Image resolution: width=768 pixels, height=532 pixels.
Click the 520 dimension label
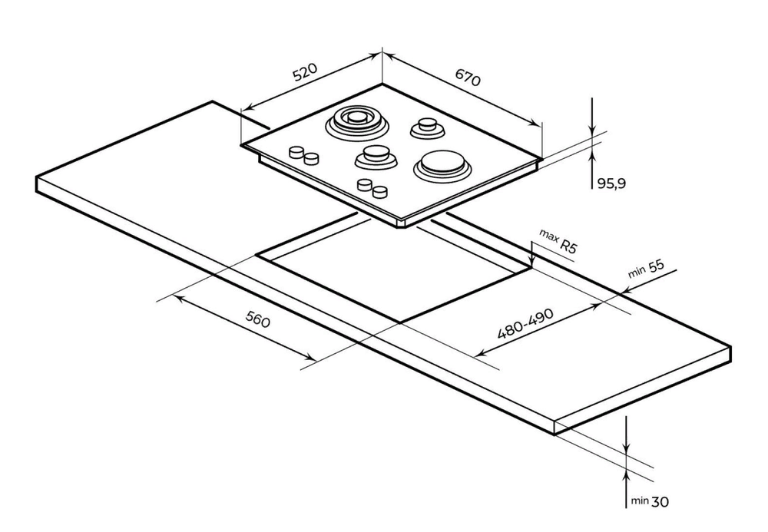(x=304, y=73)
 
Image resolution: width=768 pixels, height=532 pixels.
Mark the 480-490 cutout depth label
(x=526, y=322)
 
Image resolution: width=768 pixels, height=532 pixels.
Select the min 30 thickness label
(x=650, y=501)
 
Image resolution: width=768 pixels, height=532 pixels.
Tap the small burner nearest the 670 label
(x=426, y=127)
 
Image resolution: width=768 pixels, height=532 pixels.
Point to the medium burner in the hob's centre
(x=376, y=156)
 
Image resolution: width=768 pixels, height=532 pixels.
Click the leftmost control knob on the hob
(x=295, y=152)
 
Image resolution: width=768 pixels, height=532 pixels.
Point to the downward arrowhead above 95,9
(x=592, y=130)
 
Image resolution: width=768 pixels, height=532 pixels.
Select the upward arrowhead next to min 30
(x=627, y=469)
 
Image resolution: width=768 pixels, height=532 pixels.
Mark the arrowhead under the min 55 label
(x=624, y=291)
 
